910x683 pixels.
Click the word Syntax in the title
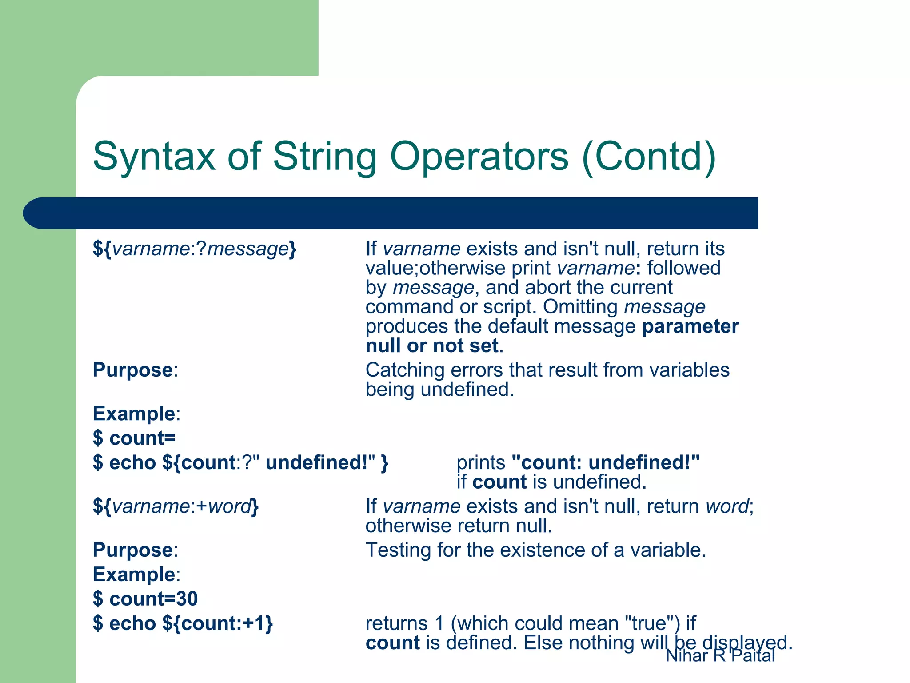(154, 157)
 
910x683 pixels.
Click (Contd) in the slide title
(648, 157)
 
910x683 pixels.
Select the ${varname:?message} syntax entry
(194, 249)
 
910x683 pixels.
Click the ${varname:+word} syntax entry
(176, 506)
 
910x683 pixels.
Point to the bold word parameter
(690, 327)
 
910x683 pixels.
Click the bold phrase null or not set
(431, 346)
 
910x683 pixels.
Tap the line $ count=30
(145, 599)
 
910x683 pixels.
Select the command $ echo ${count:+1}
(183, 623)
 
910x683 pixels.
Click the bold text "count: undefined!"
(605, 463)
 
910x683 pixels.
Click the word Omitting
(580, 307)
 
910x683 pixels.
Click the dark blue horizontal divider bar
(391, 213)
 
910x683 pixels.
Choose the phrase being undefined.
(439, 390)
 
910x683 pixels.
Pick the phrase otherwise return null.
(458, 526)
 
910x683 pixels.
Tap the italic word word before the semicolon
(726, 506)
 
